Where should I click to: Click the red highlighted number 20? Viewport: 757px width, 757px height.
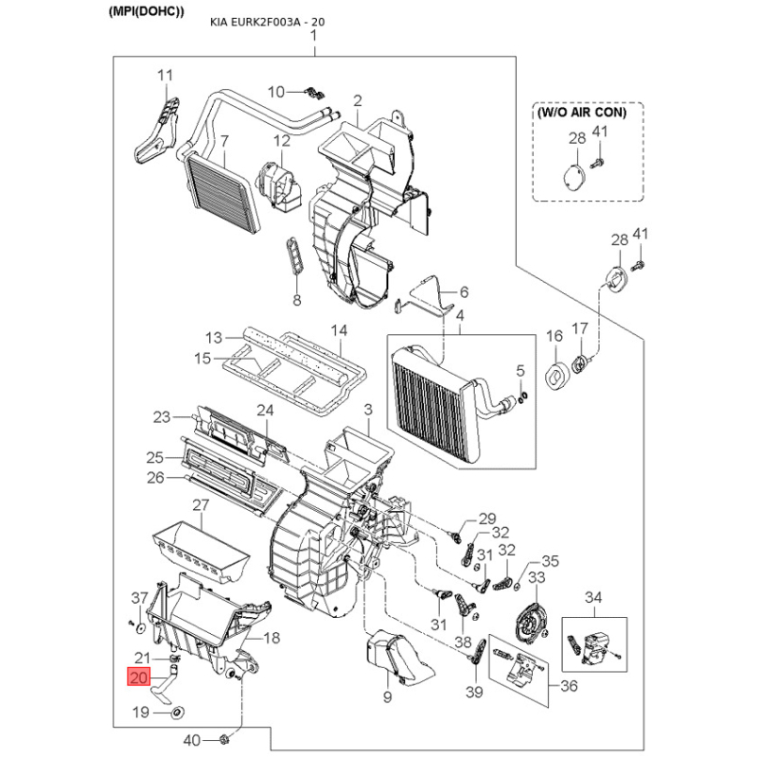[x=138, y=678]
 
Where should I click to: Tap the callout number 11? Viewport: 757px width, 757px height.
[x=165, y=76]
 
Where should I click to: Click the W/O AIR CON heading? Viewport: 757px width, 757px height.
[x=582, y=113]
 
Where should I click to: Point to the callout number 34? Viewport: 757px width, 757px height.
[x=593, y=598]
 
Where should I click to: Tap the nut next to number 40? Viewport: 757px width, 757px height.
[x=224, y=738]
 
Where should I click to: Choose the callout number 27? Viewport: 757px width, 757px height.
[x=201, y=505]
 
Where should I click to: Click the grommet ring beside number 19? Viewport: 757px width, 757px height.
[x=178, y=712]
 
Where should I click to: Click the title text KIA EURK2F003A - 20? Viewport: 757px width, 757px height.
[x=267, y=22]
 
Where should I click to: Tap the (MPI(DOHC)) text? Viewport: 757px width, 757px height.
[x=147, y=11]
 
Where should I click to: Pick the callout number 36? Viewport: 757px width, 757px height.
[x=569, y=685]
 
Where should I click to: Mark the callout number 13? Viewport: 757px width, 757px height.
[x=214, y=338]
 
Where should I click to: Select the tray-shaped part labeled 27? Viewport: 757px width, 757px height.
[x=201, y=551]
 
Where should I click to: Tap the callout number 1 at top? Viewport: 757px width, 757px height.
[x=314, y=35]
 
